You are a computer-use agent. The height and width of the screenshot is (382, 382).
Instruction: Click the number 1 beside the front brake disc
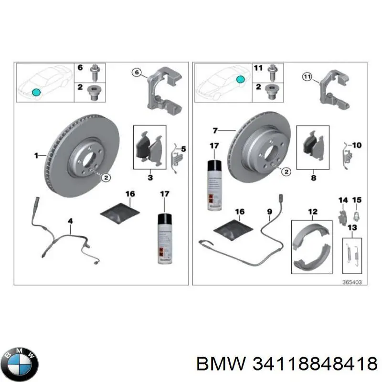point(36,155)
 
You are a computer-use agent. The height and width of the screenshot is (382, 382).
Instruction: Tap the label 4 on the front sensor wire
point(70,221)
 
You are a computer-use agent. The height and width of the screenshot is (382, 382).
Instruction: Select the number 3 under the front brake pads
point(149,178)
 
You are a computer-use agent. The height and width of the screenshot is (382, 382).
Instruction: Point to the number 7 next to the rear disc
point(215,130)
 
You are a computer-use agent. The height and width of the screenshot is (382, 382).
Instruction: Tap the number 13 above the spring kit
point(352,227)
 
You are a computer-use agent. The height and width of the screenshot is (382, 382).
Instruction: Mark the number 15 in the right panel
point(357,199)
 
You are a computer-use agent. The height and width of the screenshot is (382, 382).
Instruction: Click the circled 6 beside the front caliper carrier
point(137,73)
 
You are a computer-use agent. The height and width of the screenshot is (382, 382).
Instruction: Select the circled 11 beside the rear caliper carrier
point(307,76)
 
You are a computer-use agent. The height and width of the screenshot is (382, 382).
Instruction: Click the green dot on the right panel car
point(242,78)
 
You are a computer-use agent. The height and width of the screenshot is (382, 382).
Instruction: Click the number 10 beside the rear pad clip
point(357,144)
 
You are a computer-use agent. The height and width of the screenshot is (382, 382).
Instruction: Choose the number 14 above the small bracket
point(342,199)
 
